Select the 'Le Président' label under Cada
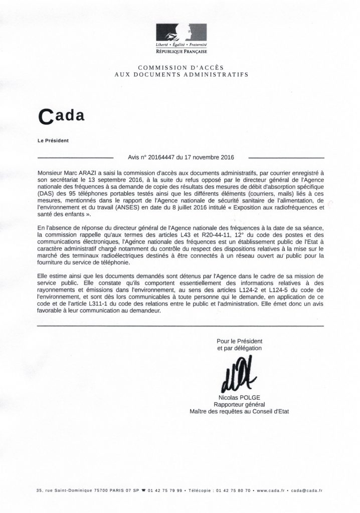53,140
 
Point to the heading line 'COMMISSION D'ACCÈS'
180,67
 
